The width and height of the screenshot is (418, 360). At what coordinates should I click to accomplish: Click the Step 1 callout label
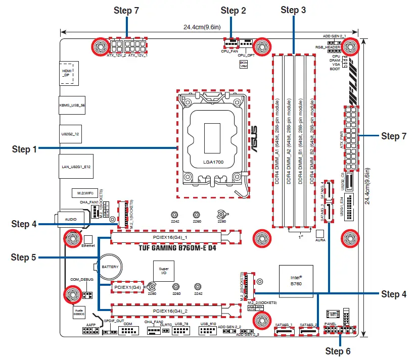[24, 149]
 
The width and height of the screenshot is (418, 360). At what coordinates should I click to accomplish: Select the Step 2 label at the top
[234, 11]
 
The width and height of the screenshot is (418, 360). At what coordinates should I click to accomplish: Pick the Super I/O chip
[163, 272]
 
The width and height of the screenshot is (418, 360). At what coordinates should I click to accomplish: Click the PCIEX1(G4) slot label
[127, 287]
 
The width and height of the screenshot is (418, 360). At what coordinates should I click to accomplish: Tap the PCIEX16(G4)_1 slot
[170, 236]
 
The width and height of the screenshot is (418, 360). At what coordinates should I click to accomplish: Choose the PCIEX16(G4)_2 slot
[170, 311]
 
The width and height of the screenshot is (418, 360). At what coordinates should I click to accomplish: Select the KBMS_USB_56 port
[69, 106]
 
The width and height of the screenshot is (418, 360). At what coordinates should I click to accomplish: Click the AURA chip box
[319, 234]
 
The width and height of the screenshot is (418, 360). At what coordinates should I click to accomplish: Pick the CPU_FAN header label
[230, 51]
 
